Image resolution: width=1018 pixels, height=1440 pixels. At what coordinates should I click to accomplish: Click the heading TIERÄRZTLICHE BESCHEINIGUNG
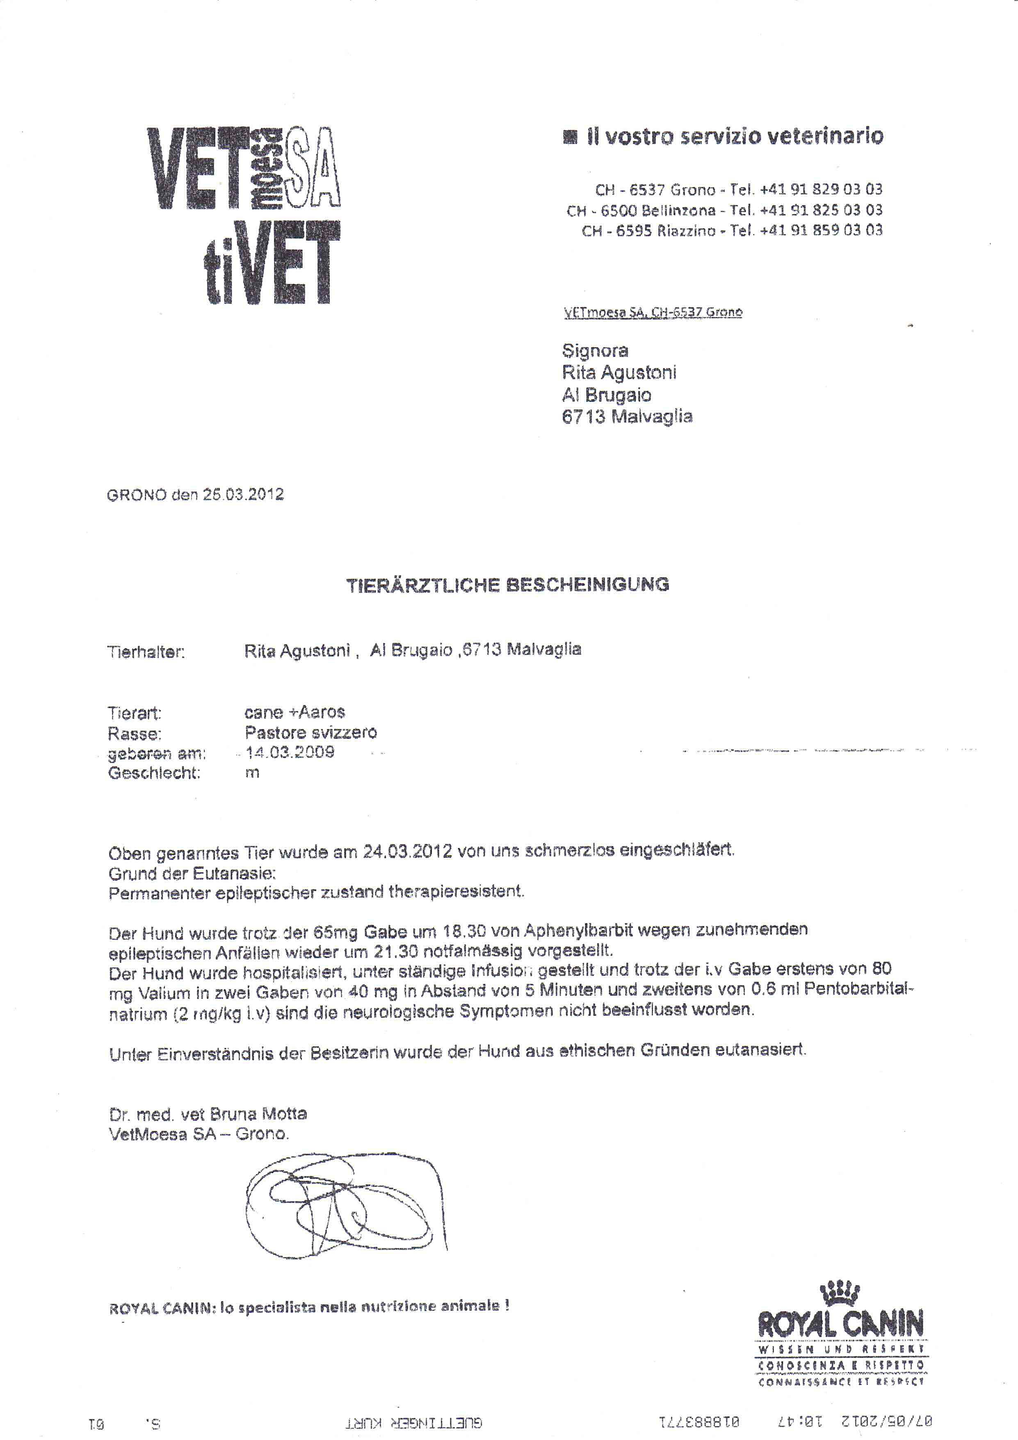508,585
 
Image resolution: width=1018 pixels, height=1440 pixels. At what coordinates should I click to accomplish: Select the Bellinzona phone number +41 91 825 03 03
821,210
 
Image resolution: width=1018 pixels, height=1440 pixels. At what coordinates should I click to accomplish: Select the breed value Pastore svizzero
310,732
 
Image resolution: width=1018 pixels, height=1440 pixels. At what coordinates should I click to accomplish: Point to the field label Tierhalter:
147,652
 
